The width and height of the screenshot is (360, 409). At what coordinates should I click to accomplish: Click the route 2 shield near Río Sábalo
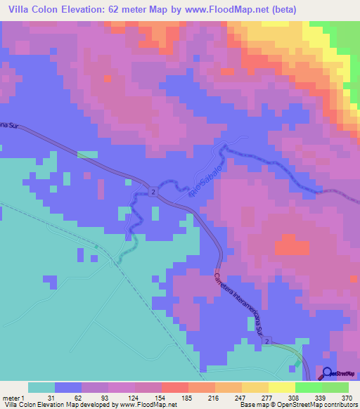(x=153, y=191)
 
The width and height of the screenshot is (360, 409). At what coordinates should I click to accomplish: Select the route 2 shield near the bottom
(x=267, y=340)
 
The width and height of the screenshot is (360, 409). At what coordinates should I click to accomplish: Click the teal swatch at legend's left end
(x=41, y=387)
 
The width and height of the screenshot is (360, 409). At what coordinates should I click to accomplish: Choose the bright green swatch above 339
(x=309, y=387)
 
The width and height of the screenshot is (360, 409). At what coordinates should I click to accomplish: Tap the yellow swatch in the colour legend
(x=255, y=387)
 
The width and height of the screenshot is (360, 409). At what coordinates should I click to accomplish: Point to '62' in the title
(x=124, y=10)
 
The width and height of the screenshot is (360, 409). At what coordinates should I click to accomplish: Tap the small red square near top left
(x=107, y=79)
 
